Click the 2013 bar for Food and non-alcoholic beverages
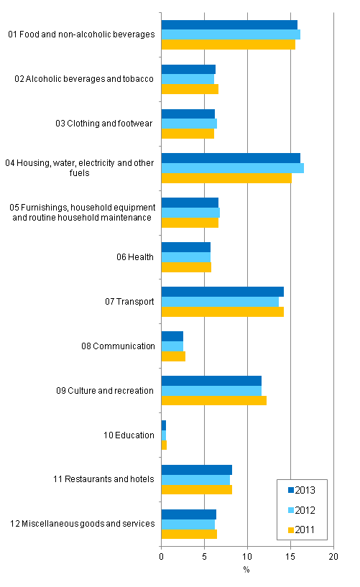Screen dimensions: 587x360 (x=229, y=25)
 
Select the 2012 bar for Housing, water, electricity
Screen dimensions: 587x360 (x=232, y=168)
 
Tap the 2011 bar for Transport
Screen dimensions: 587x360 (x=222, y=311)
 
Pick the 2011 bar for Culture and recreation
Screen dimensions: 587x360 (x=213, y=400)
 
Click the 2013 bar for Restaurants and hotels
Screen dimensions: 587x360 (x=196, y=470)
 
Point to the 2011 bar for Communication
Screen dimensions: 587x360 (x=172, y=356)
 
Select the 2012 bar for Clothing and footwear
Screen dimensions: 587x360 (x=188, y=124)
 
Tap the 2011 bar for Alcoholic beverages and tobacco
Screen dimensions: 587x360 (x=189, y=89)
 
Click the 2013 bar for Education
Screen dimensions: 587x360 (x=163, y=425)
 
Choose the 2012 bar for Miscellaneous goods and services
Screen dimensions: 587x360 (x=188, y=524)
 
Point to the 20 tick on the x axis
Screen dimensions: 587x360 (x=333, y=556)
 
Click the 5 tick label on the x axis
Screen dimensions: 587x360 (x=204, y=556)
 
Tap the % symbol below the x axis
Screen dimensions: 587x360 (x=246, y=570)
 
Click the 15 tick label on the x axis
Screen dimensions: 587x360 (x=290, y=556)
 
